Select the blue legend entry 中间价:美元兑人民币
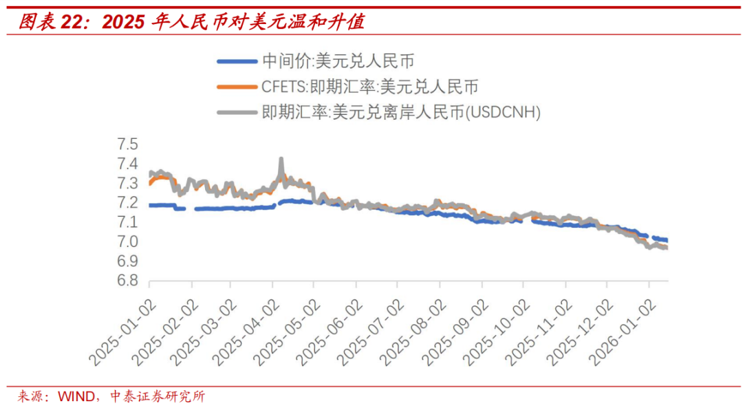click(338, 61)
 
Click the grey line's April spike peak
click(281, 160)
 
